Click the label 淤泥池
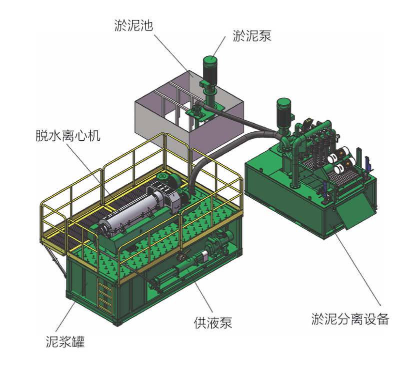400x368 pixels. [x=133, y=26]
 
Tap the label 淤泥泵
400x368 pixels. [x=252, y=36]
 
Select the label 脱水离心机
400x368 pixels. [x=68, y=136]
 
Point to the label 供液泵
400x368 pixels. [x=213, y=323]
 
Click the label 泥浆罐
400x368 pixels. [x=65, y=342]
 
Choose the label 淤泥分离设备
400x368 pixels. [x=350, y=319]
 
